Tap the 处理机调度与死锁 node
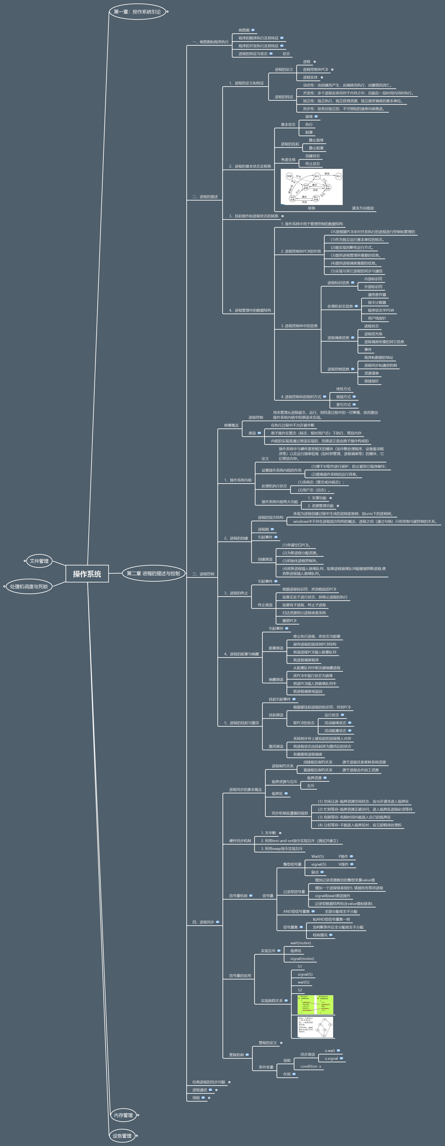[29, 586]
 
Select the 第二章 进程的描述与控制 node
[153, 574]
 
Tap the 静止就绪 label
[316, 140]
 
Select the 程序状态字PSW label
[380, 311]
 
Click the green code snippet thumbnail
[315, 1005]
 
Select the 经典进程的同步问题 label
[208, 1082]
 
